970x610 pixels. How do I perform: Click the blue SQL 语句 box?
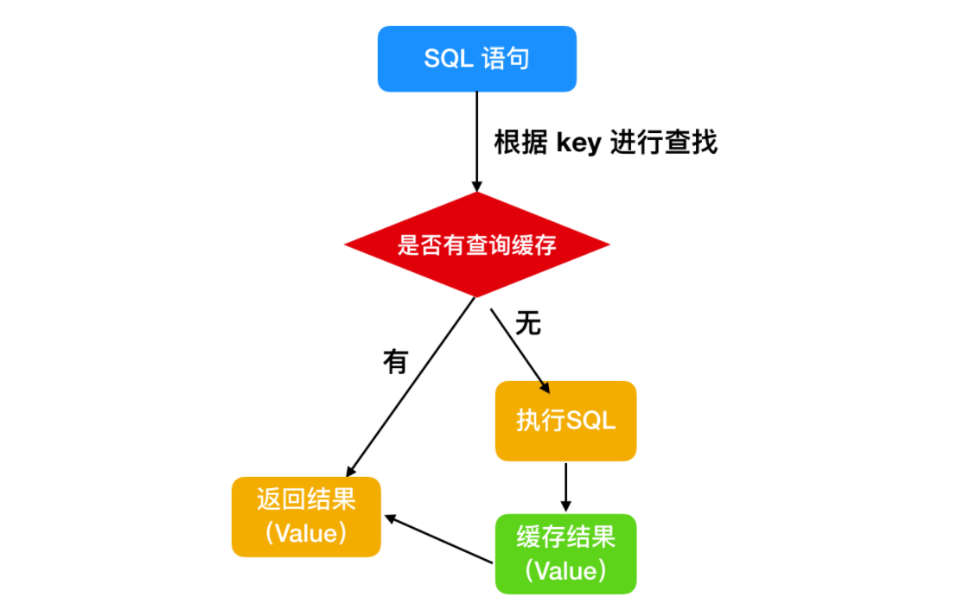pyautogui.click(x=477, y=59)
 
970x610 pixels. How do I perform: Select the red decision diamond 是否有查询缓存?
pyautogui.click(x=477, y=245)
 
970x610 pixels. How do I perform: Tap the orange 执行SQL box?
pyautogui.click(x=565, y=421)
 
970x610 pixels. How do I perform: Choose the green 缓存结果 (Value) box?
pyautogui.click(x=565, y=554)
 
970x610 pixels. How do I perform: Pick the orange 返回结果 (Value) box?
pyautogui.click(x=306, y=517)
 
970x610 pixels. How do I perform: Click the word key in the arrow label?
pyautogui.click(x=579, y=143)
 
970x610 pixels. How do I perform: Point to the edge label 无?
pyautogui.click(x=528, y=322)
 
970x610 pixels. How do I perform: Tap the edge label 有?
pyautogui.click(x=396, y=361)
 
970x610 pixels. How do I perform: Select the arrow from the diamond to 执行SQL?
pyautogui.click(x=520, y=351)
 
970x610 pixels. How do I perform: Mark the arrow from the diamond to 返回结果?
pyautogui.click(x=411, y=387)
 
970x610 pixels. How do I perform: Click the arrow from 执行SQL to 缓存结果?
pyautogui.click(x=565, y=487)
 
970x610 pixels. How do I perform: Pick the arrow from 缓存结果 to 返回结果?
pyautogui.click(x=438, y=539)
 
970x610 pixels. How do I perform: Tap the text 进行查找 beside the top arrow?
pyautogui.click(x=664, y=143)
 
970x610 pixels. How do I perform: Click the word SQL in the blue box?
pyautogui.click(x=449, y=59)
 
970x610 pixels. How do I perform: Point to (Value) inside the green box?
pyautogui.click(x=565, y=571)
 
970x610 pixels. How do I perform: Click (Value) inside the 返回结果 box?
pyautogui.click(x=306, y=533)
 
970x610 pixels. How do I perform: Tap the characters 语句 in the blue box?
pyautogui.click(x=506, y=59)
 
